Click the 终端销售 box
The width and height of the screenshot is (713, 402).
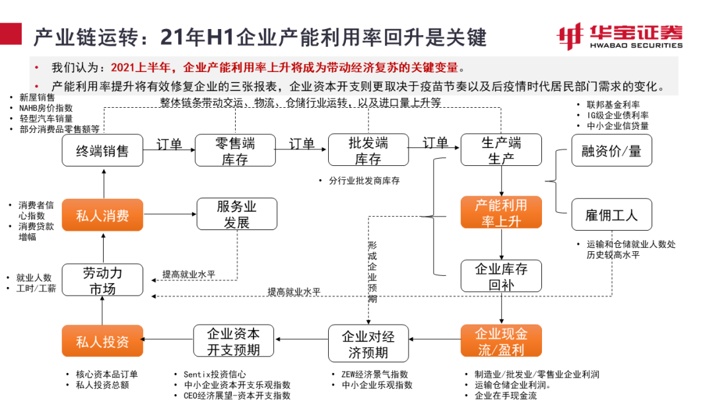102,151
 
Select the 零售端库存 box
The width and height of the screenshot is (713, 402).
235,151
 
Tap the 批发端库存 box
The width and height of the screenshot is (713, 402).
368,151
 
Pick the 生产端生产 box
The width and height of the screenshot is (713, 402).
501,151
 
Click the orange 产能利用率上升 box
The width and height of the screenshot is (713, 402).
501,213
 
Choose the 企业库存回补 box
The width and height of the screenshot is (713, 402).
501,276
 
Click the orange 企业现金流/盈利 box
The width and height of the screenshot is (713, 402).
501,341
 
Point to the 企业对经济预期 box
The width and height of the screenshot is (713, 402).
368,344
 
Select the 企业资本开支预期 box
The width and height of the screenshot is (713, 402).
234,341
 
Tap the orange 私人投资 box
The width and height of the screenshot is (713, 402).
102,341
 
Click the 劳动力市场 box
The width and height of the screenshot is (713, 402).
102,280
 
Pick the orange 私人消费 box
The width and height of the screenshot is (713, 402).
102,215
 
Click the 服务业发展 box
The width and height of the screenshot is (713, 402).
236,215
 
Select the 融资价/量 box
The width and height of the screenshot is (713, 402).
611,151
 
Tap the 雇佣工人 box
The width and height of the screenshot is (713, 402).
611,215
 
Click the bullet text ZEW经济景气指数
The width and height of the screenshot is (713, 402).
374,374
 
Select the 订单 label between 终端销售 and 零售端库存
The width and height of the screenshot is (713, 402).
169,143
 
